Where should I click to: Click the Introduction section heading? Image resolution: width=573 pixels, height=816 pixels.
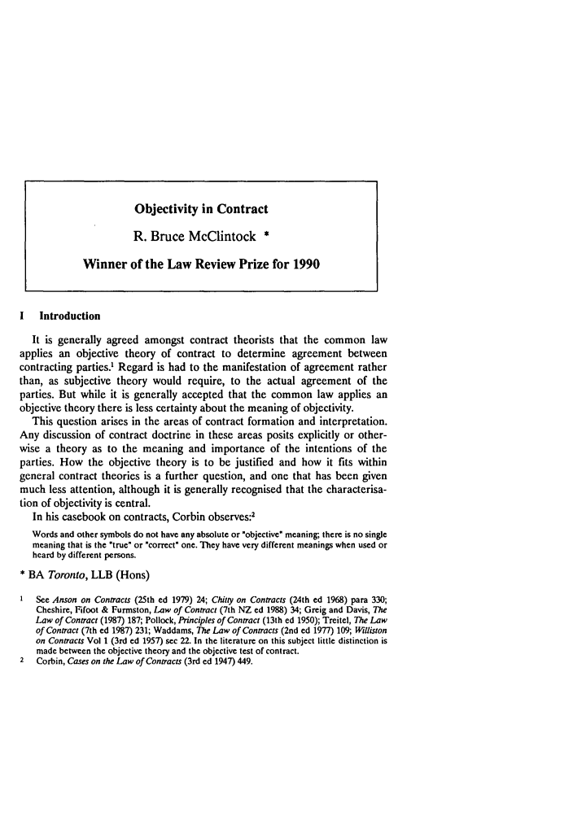click(67, 316)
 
